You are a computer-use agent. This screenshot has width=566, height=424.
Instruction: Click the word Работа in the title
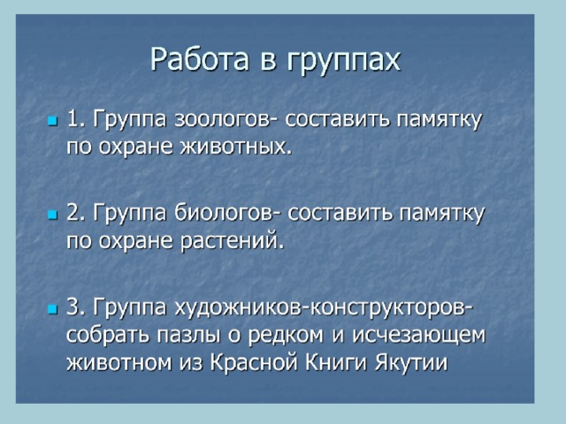click(x=200, y=59)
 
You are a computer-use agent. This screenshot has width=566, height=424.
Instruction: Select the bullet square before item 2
click(x=53, y=215)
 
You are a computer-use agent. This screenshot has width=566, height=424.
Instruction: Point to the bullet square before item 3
click(x=53, y=309)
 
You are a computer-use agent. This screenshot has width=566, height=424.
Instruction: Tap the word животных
click(x=236, y=147)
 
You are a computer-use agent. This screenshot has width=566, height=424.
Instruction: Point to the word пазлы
click(x=188, y=336)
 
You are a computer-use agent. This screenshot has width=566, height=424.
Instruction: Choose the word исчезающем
click(x=418, y=336)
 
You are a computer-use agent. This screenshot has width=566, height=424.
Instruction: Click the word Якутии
click(x=411, y=362)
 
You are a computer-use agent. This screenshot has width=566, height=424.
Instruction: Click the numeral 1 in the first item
click(x=74, y=118)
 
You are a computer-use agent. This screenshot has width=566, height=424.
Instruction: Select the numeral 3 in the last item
click(x=74, y=307)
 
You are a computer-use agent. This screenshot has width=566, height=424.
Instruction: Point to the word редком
click(x=286, y=336)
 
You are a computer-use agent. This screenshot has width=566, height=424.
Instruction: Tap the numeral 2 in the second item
click(x=74, y=213)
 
